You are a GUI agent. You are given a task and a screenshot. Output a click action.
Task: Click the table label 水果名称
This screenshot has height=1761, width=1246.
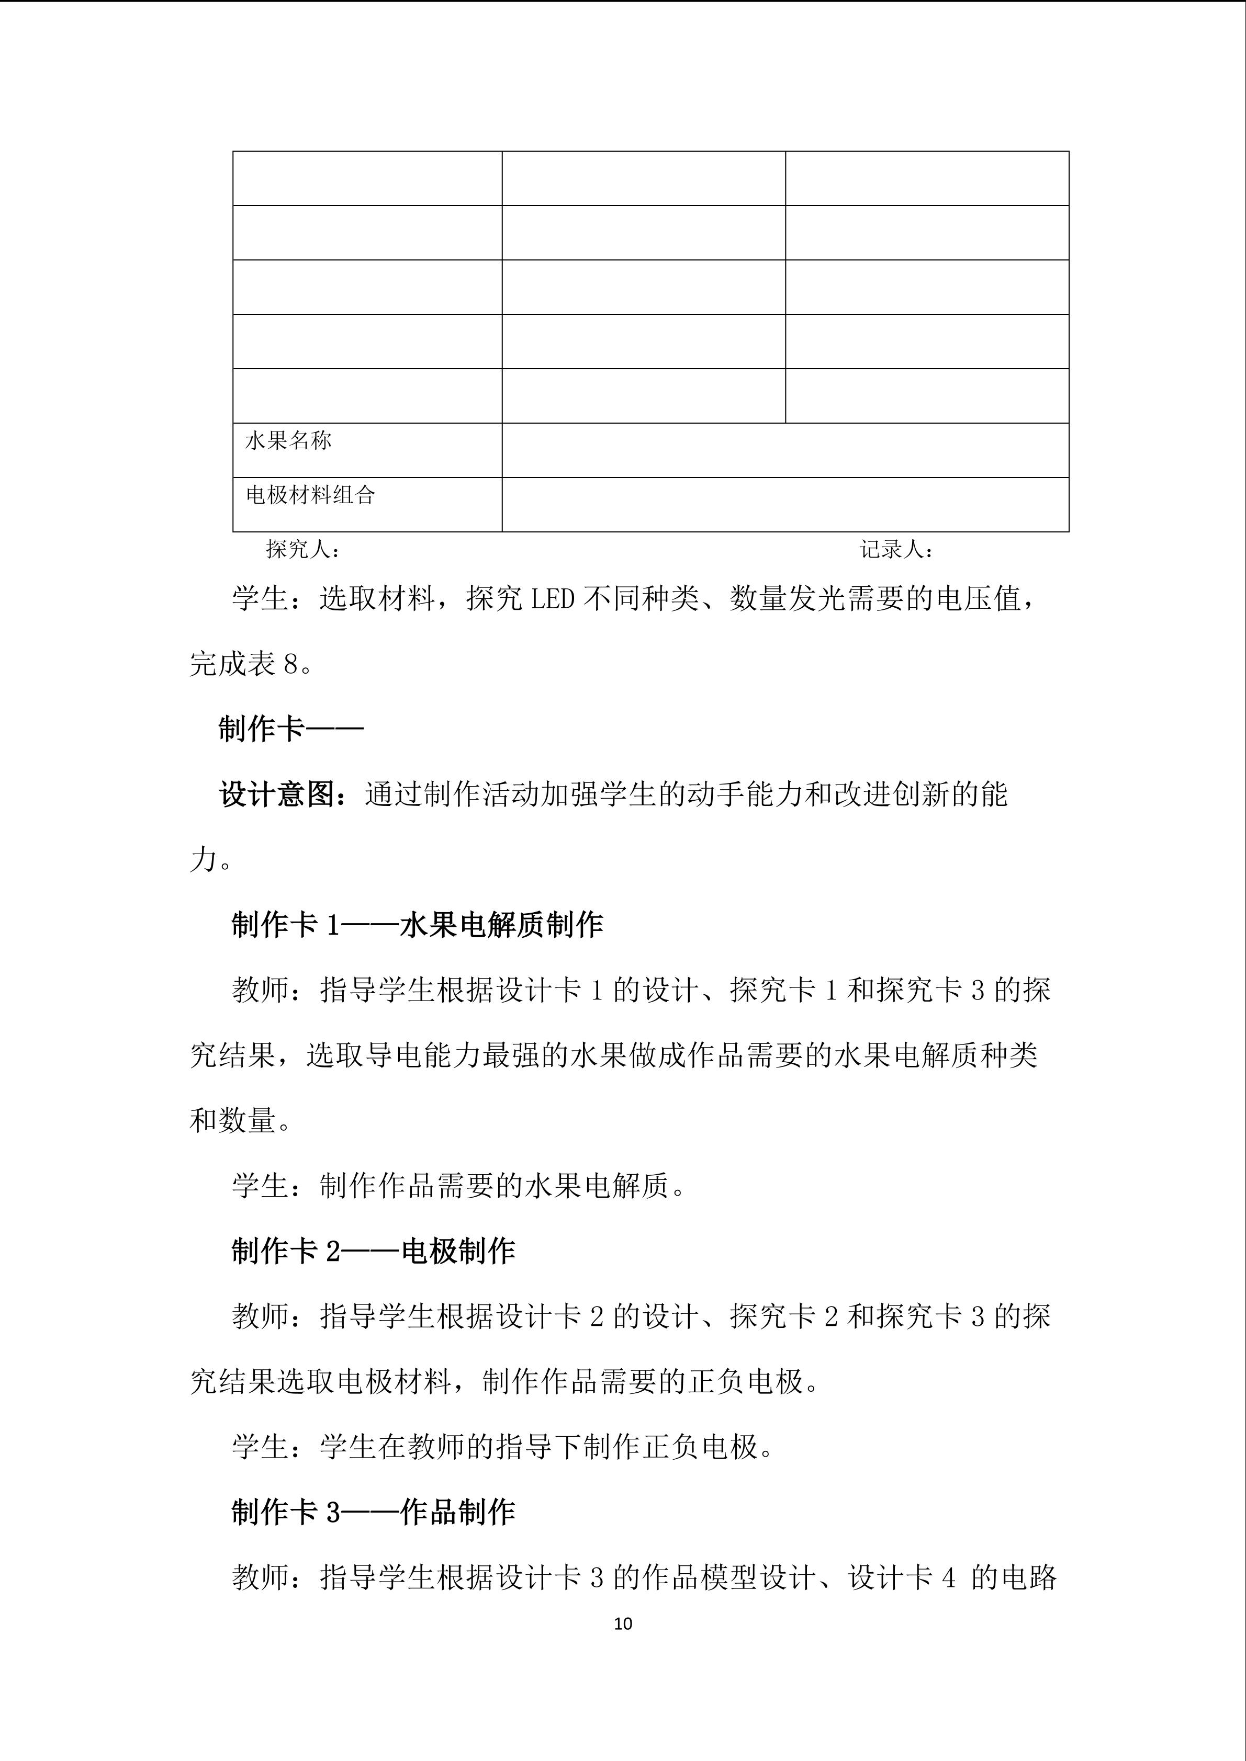[288, 441]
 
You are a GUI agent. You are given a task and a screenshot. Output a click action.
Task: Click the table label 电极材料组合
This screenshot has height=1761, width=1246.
[310, 495]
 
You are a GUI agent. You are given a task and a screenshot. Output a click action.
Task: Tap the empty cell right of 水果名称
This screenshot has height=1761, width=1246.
[785, 450]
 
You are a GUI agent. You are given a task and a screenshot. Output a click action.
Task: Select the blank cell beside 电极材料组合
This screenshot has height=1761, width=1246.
[785, 505]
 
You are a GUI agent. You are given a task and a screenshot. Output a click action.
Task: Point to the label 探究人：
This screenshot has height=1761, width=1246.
[302, 549]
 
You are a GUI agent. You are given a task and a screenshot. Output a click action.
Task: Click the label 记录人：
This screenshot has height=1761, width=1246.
[895, 550]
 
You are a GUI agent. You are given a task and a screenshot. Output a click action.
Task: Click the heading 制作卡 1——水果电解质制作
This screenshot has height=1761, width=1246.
[418, 925]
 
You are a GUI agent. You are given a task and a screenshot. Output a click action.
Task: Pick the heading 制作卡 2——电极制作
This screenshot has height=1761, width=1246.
[374, 1252]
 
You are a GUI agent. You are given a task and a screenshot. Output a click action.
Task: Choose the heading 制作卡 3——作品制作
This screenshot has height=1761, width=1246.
[374, 1513]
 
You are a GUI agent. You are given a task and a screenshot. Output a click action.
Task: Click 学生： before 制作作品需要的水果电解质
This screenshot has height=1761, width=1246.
[275, 1187]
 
